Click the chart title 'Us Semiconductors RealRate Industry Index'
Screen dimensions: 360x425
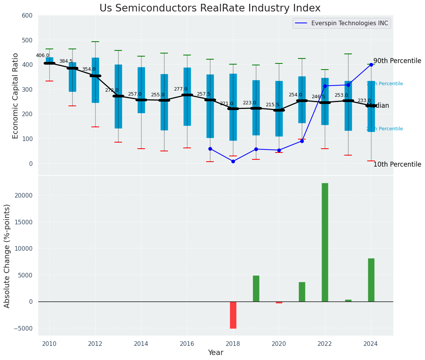[210, 8]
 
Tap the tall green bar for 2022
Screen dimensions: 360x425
[325, 242]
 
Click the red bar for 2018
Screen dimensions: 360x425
[233, 315]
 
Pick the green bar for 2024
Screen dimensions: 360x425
[371, 280]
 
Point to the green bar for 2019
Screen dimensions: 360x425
[256, 289]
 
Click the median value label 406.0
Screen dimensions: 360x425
[42, 55]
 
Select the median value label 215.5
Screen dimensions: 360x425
[272, 105]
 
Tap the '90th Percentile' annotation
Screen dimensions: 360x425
[397, 61]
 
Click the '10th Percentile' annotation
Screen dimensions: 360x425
[397, 165]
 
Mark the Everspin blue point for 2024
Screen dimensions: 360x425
[371, 65]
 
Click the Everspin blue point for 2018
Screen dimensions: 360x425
[233, 161]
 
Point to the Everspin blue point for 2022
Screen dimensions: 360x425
[325, 86]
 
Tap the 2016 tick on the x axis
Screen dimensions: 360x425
[187, 344]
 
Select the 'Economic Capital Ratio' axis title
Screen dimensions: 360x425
[16, 96]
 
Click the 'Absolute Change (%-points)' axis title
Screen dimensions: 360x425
[7, 256]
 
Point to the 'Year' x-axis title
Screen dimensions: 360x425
[216, 353]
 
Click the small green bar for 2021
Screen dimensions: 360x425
[302, 292]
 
